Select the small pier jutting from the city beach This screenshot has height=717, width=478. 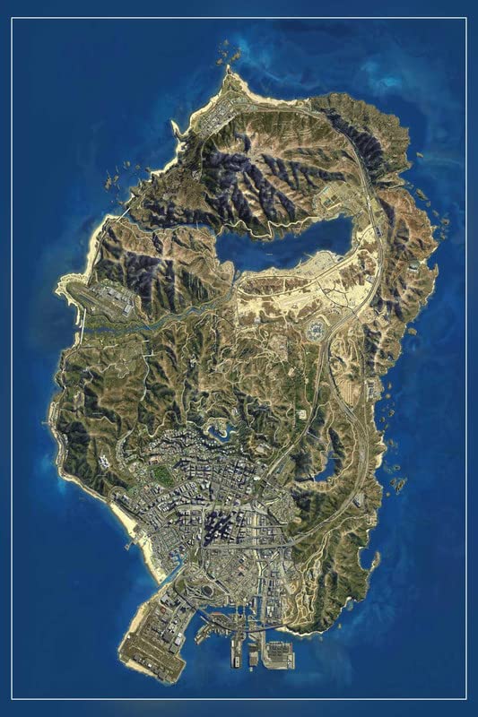(132, 541)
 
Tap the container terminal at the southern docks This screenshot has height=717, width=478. (279, 654)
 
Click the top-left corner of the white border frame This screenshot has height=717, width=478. (13, 18)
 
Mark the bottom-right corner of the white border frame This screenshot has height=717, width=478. (465, 698)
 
